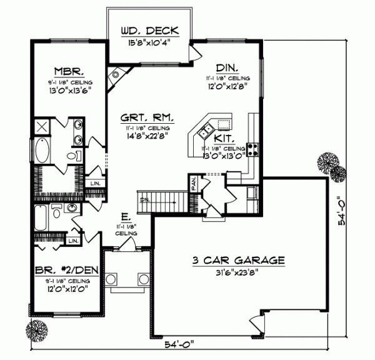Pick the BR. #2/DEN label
pyautogui.click(x=67, y=271)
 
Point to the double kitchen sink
pyautogui.click(x=206, y=131)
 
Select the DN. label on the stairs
pyautogui.click(x=145, y=200)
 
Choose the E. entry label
pyautogui.click(x=126, y=217)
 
